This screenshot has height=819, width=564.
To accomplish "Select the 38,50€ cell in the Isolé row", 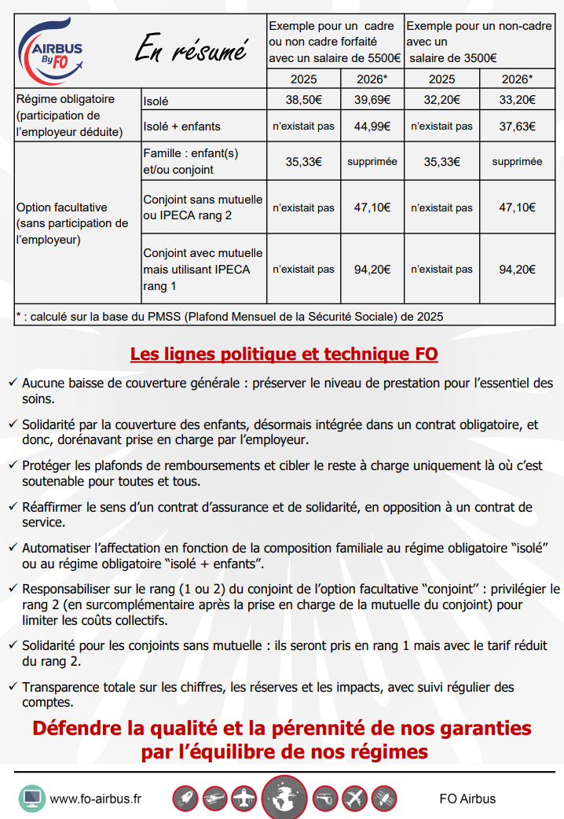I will pos(303,101).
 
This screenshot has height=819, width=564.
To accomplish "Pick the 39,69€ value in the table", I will pos(372,101).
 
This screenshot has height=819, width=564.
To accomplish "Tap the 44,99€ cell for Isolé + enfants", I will pos(372,127).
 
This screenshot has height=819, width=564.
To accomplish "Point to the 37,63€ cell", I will pos(517,127).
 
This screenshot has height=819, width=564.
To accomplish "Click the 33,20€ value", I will pos(517,101).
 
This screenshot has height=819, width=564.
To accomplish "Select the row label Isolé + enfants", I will pos(182,127).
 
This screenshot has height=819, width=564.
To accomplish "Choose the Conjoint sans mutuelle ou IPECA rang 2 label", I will pos(203,208).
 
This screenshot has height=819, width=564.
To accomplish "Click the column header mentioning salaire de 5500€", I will pos(335,42).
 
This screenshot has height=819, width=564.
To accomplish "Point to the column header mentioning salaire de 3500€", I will pos(478,42).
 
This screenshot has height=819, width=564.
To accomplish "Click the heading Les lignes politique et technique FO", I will pos(284,354).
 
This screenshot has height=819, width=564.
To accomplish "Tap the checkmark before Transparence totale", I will pos(13,687).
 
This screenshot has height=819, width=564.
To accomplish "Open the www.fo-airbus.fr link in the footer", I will pos(95,799).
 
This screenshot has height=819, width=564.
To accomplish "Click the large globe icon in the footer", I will pos(284,798).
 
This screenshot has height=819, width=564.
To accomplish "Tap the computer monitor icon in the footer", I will pos(31,799).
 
